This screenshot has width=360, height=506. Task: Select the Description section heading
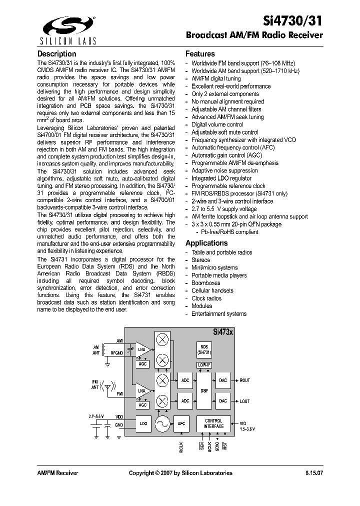tap(57, 54)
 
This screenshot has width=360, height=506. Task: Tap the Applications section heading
tap(206, 243)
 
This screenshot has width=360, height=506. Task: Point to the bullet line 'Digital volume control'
tap(217, 124)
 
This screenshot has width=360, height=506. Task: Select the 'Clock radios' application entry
tap(206, 298)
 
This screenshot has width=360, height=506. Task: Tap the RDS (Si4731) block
tap(204, 349)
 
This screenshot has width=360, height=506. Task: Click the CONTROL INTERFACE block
tap(213, 424)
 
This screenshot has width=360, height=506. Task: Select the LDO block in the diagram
tap(144, 424)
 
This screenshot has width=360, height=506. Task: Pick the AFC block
tap(181, 424)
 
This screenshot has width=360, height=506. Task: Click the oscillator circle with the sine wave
tap(162, 424)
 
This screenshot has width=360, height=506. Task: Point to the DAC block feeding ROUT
tap(223, 380)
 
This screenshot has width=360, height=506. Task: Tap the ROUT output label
tap(245, 380)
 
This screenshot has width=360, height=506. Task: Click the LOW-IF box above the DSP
tap(204, 365)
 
